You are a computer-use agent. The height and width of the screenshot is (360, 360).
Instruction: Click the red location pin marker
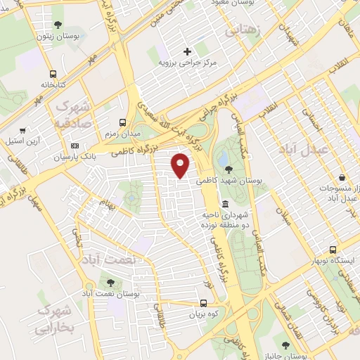181,165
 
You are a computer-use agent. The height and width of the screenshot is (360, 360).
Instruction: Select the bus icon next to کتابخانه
53,73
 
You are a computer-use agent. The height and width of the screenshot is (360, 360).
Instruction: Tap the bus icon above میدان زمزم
123,122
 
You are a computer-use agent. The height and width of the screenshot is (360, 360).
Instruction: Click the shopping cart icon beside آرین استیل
23,130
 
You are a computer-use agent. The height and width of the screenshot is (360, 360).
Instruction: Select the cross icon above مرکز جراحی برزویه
187,51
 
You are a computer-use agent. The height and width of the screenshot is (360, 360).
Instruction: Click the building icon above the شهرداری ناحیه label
225,203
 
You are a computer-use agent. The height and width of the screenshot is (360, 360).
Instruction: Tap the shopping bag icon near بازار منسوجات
342,177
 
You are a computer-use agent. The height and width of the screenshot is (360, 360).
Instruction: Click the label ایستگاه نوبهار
335,261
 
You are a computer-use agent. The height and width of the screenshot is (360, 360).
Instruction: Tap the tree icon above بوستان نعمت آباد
111,281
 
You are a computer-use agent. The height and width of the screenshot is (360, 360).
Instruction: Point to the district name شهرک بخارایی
52,319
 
